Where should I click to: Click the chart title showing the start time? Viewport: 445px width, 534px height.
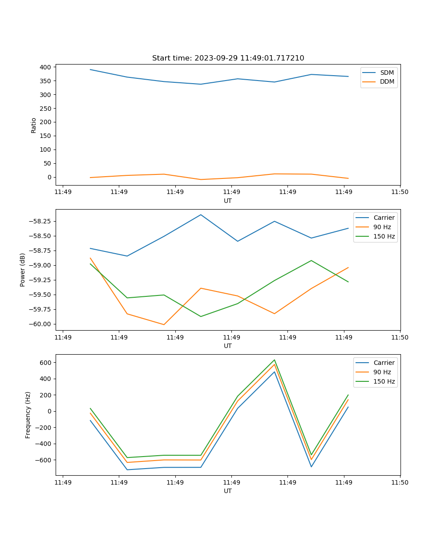[x=228, y=58]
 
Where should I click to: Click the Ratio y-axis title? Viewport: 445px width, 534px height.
[x=33, y=125]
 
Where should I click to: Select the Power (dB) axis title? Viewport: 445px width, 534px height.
[x=23, y=270]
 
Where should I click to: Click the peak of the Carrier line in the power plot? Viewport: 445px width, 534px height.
[x=201, y=215]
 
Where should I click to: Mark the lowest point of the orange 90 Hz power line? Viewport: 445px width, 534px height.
[x=164, y=324]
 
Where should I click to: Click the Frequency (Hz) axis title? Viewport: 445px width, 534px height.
[x=28, y=415]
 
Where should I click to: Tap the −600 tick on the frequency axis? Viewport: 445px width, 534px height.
[x=43, y=460]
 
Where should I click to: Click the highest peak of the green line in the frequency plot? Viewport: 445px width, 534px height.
[x=275, y=360]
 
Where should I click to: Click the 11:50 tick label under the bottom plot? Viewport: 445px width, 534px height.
[x=400, y=482]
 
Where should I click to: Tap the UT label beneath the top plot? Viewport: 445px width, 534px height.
[x=228, y=201]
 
